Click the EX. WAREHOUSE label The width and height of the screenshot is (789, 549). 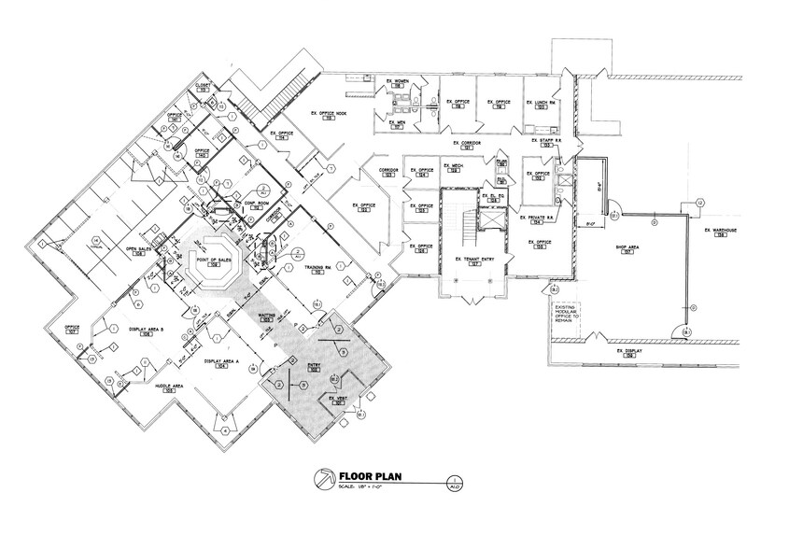[x=720, y=230]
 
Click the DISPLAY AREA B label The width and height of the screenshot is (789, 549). [x=148, y=331]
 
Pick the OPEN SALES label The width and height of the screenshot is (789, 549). [x=139, y=250]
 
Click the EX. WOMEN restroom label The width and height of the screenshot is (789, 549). [x=399, y=82]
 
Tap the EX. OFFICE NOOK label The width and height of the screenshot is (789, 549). [x=328, y=113]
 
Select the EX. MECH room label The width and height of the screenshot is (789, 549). [x=456, y=166]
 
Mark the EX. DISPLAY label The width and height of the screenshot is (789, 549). [x=629, y=352]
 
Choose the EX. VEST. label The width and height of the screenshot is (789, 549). [x=337, y=399]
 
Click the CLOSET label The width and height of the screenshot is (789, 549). [x=202, y=85]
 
